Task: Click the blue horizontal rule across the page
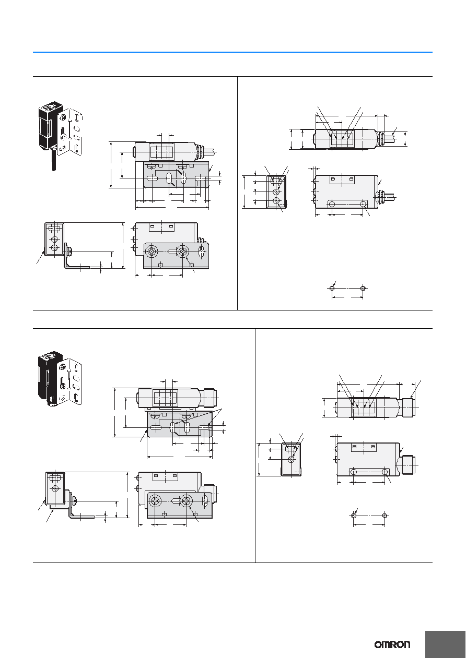click(x=232, y=52)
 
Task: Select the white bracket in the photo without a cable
click(x=71, y=380)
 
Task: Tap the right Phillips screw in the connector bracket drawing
click(x=187, y=501)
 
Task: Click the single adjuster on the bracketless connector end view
click(x=292, y=459)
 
